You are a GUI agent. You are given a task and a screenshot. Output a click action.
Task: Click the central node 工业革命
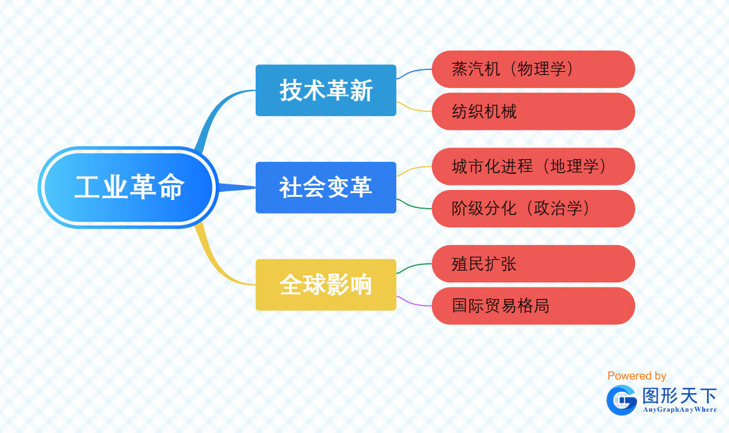click(128, 187)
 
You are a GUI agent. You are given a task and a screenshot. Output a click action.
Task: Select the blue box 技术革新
click(326, 90)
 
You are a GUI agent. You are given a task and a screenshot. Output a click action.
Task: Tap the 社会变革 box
click(326, 187)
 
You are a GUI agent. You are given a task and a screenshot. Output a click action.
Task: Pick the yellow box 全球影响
click(326, 284)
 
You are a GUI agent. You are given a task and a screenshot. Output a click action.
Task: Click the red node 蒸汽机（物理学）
click(533, 69)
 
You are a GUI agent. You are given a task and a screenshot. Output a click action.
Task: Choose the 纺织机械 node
click(533, 111)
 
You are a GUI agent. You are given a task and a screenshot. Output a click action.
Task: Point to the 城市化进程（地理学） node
click(533, 166)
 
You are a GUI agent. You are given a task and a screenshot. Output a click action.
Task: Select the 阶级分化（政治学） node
click(533, 208)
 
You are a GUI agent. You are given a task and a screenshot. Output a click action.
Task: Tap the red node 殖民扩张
click(533, 263)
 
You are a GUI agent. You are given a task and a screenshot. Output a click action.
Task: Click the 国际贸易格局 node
click(533, 306)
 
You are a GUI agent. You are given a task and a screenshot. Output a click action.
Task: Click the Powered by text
click(636, 376)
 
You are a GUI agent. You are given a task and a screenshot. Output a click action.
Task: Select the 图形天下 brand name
click(680, 396)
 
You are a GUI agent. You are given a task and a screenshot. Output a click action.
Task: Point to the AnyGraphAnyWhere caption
click(680, 410)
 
